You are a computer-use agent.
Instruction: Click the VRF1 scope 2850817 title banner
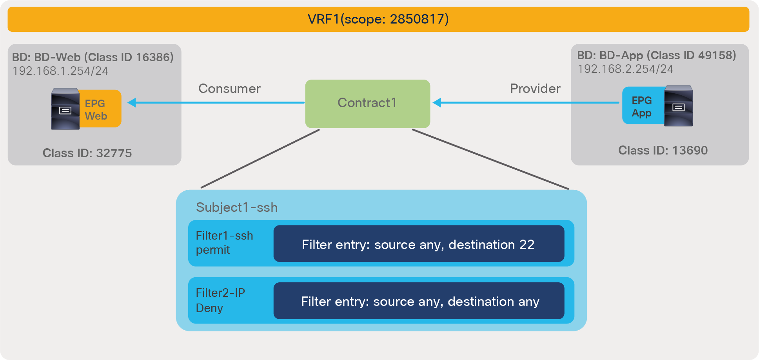[378, 19]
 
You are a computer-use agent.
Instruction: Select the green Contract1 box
[367, 104]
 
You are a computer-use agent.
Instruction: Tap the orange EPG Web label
[100, 109]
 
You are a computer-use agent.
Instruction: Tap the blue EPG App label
[642, 106]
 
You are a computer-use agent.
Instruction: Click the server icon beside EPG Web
[65, 109]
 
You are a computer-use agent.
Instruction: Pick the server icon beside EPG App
[678, 106]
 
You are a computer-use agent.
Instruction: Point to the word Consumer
[229, 89]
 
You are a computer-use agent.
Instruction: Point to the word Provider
[535, 89]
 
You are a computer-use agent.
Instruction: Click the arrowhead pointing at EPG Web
[132, 103]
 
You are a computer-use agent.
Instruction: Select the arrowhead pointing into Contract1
[437, 103]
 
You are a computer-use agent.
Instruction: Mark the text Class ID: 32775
[87, 153]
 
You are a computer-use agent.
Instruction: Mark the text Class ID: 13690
[663, 150]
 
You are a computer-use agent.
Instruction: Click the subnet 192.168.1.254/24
[60, 71]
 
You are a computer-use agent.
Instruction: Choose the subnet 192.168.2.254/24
[625, 69]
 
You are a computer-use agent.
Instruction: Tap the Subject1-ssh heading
[237, 207]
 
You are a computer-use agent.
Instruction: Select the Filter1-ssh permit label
[224, 243]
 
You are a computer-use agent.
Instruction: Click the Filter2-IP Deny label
[220, 300]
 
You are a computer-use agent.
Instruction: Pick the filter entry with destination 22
[418, 244]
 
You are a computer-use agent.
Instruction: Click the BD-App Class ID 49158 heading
[656, 55]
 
